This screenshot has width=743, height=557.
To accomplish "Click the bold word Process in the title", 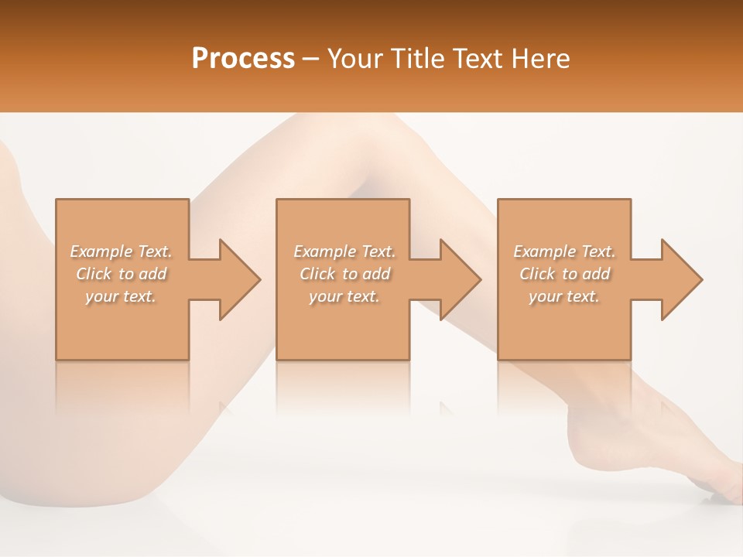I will tap(243, 59).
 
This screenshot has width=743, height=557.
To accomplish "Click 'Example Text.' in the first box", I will tap(121, 251).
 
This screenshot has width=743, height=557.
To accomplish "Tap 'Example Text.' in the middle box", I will tap(344, 251).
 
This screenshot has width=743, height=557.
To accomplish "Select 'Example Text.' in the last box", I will tap(564, 251).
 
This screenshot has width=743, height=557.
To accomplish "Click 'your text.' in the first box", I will tap(121, 296).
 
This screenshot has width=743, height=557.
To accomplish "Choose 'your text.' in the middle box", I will tap(344, 296).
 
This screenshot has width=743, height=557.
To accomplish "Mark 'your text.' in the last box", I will tap(564, 296).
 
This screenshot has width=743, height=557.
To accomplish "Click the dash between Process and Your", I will tap(311, 60).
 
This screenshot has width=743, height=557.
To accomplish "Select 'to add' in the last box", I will tap(590, 274).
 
